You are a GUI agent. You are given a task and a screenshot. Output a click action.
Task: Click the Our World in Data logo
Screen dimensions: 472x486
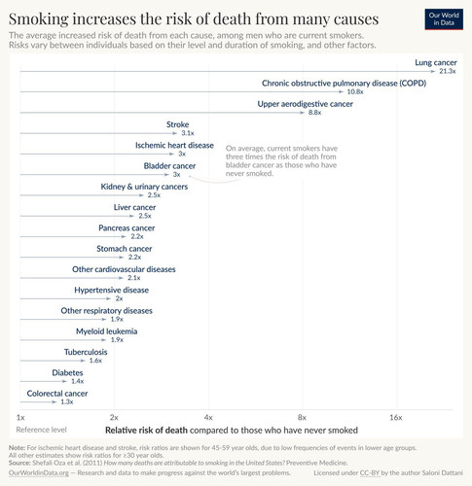[x=444, y=19]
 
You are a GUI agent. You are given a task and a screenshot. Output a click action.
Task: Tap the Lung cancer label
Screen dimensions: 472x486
[x=436, y=62]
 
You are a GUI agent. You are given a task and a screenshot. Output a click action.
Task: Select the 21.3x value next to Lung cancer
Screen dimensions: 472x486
[x=448, y=71]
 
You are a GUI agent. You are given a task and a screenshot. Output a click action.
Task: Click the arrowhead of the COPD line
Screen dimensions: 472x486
[x=341, y=92]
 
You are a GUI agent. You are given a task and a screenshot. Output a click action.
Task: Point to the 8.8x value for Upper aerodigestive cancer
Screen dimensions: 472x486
[x=314, y=113]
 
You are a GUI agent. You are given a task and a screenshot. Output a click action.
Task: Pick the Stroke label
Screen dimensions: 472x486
[x=177, y=124]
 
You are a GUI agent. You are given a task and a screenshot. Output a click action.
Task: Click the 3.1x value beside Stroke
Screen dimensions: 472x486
[x=188, y=133]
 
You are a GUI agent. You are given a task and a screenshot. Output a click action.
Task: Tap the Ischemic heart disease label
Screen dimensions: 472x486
[x=174, y=145]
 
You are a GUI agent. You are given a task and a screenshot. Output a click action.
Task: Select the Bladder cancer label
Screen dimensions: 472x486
[x=169, y=166]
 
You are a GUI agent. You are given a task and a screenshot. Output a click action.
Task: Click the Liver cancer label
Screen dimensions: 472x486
[x=134, y=207]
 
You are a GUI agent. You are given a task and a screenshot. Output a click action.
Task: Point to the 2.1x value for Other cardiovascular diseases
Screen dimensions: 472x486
[x=134, y=278]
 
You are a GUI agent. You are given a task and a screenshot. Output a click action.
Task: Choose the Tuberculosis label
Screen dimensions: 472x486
[x=86, y=352]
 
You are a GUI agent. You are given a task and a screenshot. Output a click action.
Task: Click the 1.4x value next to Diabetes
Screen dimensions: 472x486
[x=78, y=381]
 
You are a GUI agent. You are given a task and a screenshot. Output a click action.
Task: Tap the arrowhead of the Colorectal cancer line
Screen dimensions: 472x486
[x=54, y=402]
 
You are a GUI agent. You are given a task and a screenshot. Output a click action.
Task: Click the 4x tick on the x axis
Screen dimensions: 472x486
[x=208, y=417]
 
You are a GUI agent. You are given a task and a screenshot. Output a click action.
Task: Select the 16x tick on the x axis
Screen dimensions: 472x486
[x=396, y=417]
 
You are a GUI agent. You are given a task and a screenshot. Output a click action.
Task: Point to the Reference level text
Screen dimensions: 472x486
[x=41, y=430]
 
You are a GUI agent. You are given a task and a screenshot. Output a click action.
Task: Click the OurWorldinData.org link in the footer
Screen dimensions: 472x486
[x=39, y=472]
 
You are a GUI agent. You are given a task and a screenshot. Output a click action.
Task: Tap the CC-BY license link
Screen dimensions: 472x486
[x=370, y=472]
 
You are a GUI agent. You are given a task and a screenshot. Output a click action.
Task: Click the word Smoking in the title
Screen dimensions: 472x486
[x=39, y=19]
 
